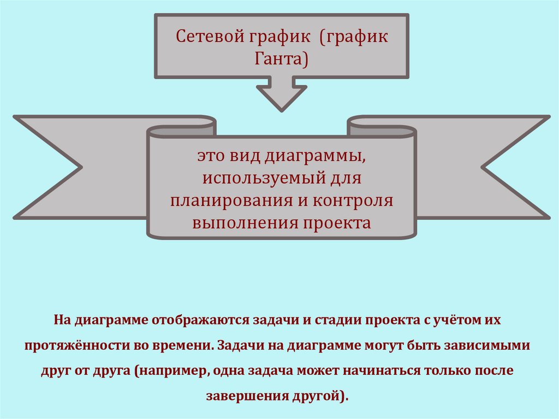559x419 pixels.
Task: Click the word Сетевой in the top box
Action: (x=202, y=38)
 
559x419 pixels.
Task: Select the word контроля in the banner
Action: (x=353, y=200)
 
